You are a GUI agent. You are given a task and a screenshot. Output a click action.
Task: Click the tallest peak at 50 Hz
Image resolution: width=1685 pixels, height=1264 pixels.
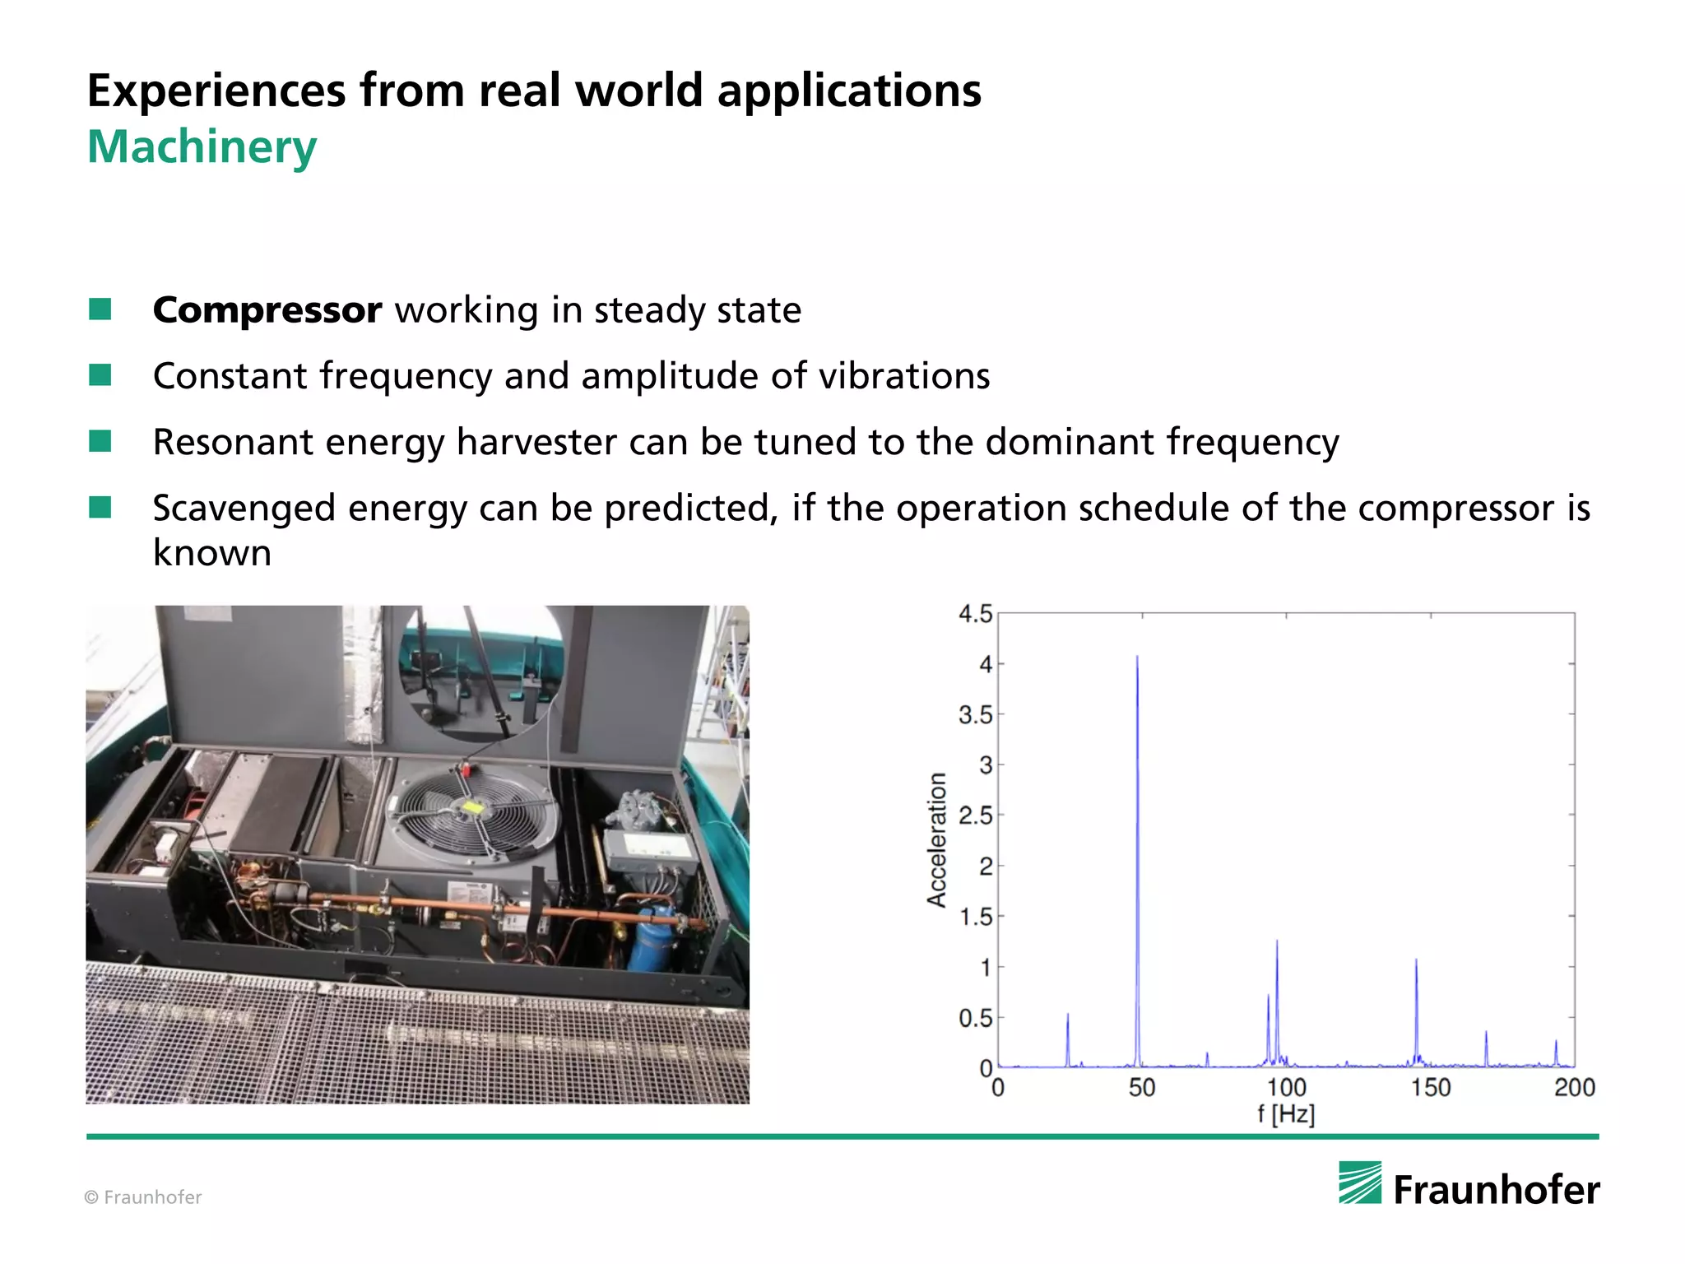point(1137,658)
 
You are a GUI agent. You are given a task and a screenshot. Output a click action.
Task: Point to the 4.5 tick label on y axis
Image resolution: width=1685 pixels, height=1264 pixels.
point(975,614)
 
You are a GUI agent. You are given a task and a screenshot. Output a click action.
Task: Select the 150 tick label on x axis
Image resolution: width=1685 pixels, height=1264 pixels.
point(1431,1088)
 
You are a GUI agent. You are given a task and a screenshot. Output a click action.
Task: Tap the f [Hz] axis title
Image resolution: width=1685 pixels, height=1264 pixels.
point(1286,1115)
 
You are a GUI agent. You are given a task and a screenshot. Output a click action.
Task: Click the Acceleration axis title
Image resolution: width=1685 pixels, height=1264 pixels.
point(937,840)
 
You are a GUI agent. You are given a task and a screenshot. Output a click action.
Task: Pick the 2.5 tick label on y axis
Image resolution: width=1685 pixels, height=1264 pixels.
point(975,816)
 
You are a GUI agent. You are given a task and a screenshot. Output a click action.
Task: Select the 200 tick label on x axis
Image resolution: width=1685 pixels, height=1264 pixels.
point(1574,1088)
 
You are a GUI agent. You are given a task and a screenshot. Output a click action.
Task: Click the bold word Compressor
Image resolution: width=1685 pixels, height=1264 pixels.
point(267,310)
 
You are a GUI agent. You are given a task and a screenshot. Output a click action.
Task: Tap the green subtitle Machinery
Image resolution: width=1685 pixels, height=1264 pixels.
point(202,147)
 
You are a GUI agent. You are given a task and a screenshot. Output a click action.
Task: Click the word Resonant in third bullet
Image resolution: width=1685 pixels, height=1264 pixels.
point(233,442)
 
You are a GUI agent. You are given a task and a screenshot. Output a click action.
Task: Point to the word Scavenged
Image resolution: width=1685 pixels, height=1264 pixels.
point(244,509)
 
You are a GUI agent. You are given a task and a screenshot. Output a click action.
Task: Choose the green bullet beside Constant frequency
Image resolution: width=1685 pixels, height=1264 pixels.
point(100,375)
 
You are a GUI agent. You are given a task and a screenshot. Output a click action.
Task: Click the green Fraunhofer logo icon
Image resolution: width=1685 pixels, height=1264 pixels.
point(1360,1183)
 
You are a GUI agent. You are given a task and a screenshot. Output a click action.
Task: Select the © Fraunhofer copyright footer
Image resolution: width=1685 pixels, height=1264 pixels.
point(143,1197)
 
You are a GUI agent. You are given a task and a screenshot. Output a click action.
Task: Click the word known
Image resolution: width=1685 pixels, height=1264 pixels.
point(212,553)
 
